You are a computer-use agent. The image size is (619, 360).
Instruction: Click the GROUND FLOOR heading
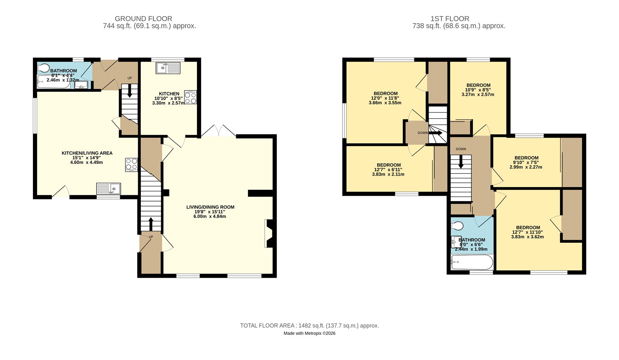coord(143,19)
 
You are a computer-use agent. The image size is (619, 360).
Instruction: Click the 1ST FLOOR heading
coord(450,19)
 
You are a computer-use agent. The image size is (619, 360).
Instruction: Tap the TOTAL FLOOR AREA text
coord(309,326)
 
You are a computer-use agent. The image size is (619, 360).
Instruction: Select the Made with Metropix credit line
coord(309,333)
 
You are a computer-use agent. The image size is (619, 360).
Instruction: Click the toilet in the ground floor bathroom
coord(44,68)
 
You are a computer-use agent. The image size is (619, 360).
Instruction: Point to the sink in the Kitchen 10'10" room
coord(168,68)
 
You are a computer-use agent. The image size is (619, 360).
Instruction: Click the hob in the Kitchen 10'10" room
coord(190,97)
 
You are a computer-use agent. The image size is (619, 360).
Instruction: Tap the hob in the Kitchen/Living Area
coord(131,165)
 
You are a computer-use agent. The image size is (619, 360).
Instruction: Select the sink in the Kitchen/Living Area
coord(109,189)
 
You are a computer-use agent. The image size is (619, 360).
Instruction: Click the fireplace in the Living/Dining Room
coord(269,233)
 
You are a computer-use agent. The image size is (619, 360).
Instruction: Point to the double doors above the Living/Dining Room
coord(219,131)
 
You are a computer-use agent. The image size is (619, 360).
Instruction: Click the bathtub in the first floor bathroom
coord(472,263)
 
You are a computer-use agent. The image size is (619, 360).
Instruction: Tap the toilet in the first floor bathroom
coord(457,225)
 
